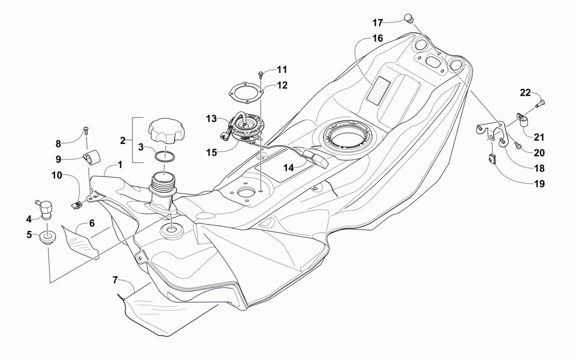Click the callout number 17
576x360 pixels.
pyautogui.click(x=377, y=23)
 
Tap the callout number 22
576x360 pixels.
pyautogui.click(x=525, y=93)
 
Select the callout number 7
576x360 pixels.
pyautogui.click(x=116, y=280)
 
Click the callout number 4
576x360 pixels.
pyautogui.click(x=29, y=218)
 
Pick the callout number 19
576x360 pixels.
pyautogui.click(x=540, y=185)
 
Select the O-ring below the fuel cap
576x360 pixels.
pyautogui.click(x=166, y=156)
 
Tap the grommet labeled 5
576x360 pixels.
pyautogui.click(x=48, y=237)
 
